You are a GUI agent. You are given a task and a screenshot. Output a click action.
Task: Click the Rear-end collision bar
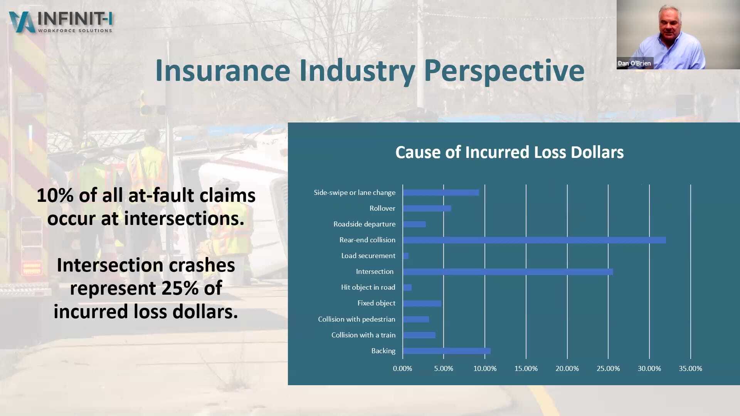[534, 240]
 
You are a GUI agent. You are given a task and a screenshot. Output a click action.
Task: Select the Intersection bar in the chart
[508, 272]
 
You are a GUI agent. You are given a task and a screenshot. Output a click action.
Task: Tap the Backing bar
[447, 351]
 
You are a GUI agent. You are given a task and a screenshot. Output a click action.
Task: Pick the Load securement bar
[406, 256]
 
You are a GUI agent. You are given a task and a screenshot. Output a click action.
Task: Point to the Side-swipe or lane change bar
[441, 193]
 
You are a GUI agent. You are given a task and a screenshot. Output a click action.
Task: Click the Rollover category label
[382, 208]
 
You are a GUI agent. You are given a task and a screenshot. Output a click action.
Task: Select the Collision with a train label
[363, 335]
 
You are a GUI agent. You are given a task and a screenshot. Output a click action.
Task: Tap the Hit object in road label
[368, 287]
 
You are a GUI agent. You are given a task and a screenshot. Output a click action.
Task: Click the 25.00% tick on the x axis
[608, 369]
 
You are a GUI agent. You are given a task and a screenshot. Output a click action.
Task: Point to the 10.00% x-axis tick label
[485, 369]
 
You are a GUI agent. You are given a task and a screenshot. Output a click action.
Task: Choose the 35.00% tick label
[690, 369]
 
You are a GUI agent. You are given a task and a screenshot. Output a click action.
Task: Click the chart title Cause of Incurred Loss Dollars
[509, 152]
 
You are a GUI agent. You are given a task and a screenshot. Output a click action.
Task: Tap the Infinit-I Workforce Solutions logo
[61, 22]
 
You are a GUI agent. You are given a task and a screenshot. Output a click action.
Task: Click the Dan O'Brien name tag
[634, 63]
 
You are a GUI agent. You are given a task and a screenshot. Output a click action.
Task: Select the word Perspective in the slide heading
[504, 71]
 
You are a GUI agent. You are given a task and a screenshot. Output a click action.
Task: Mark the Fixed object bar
[422, 304]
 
